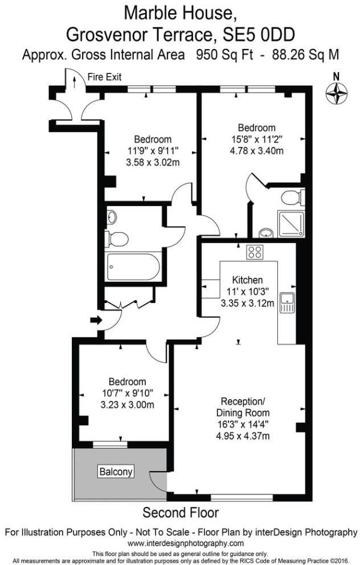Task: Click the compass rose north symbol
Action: click(336, 92)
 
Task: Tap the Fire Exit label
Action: click(104, 77)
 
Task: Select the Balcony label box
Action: click(116, 472)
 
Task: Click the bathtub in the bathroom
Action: click(133, 266)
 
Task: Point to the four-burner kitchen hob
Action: click(253, 251)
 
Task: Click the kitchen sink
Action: click(287, 301)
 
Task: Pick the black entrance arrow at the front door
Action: click(95, 320)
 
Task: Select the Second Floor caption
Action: click(181, 512)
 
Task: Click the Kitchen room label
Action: click(247, 280)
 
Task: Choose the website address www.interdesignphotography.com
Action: click(181, 543)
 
